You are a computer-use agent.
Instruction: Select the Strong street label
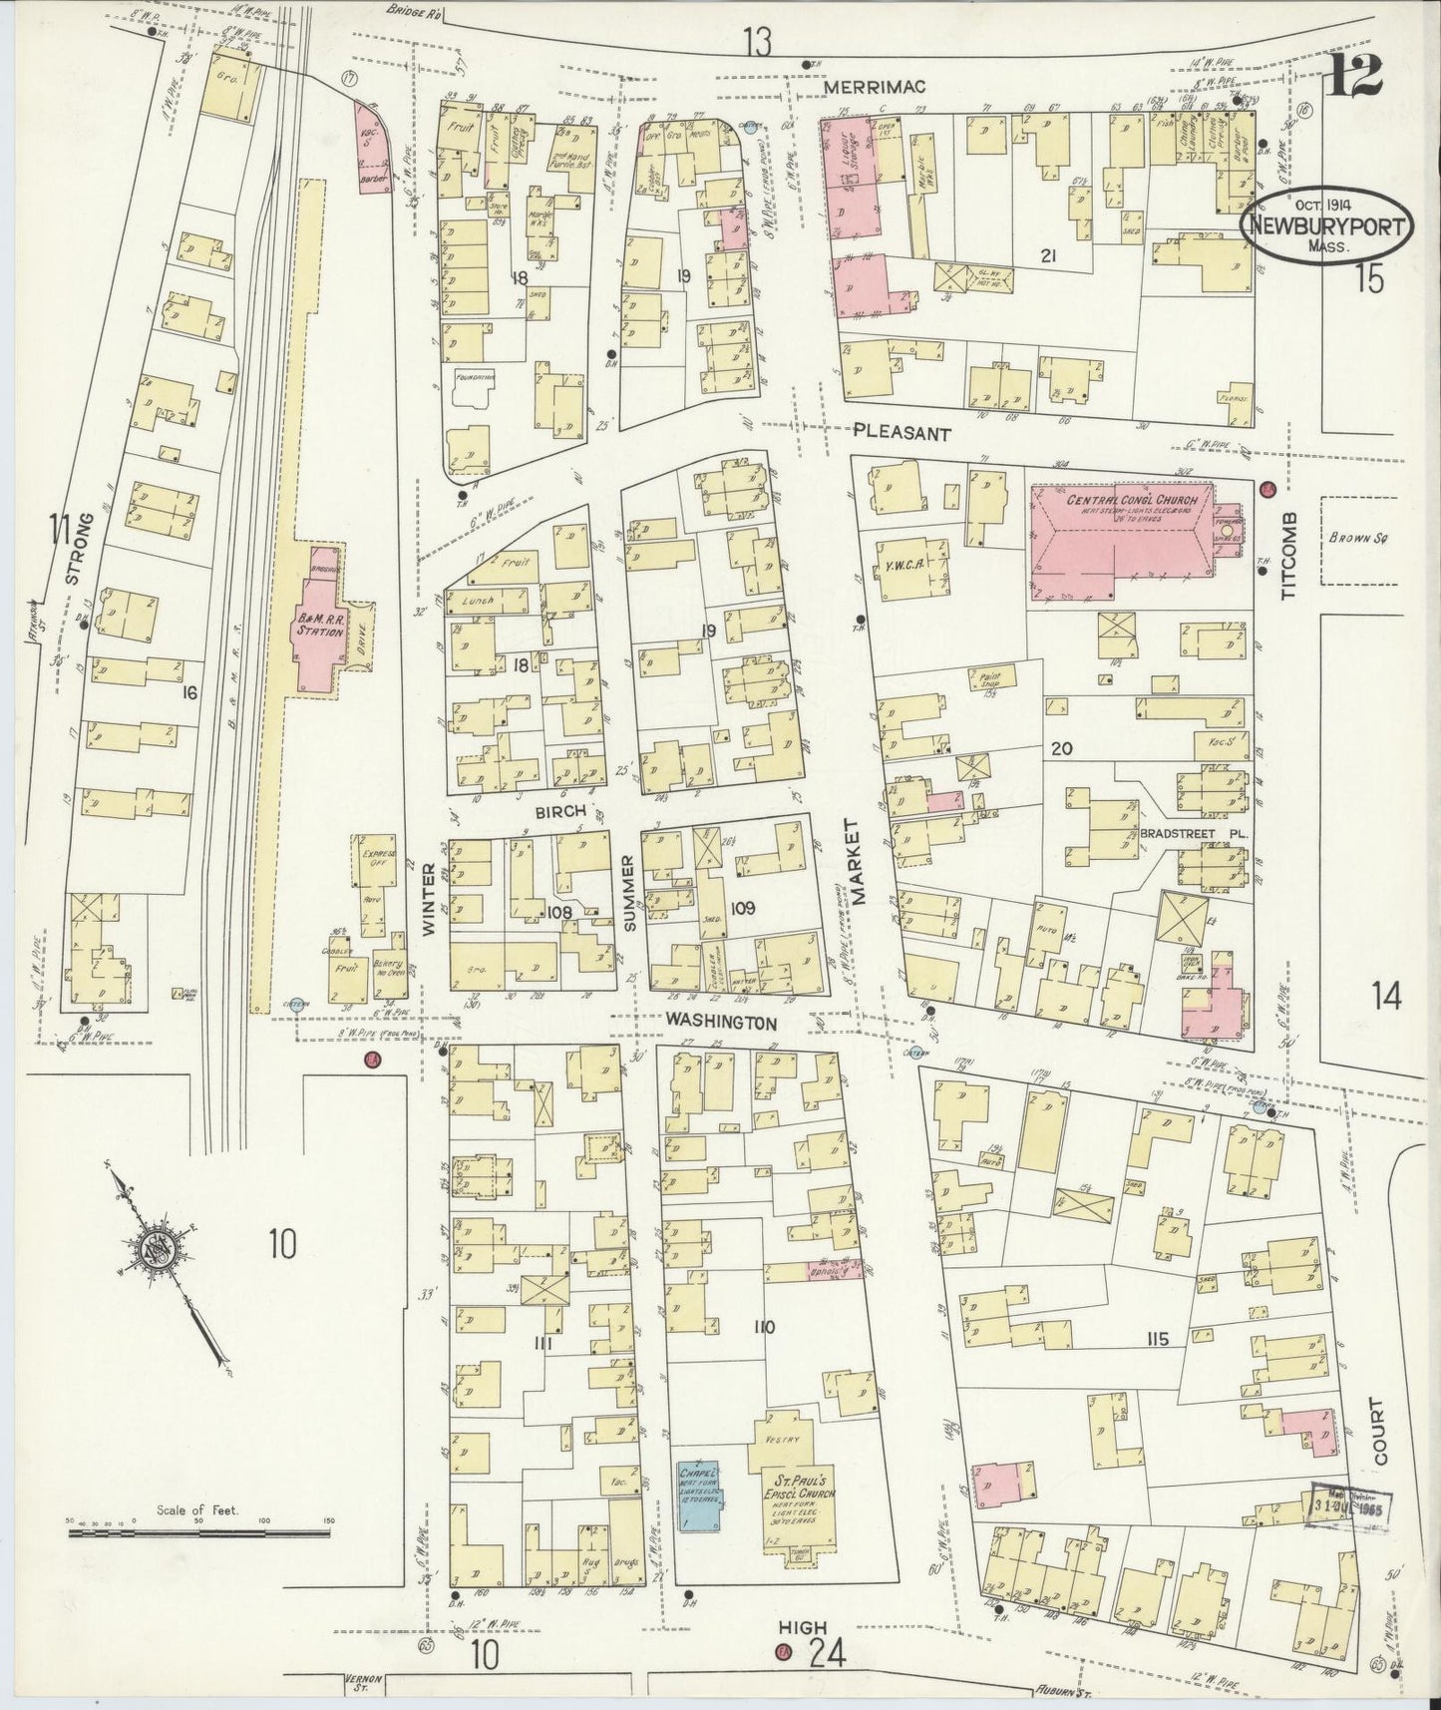(x=73, y=548)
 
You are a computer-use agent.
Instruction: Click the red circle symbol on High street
(x=784, y=1653)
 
